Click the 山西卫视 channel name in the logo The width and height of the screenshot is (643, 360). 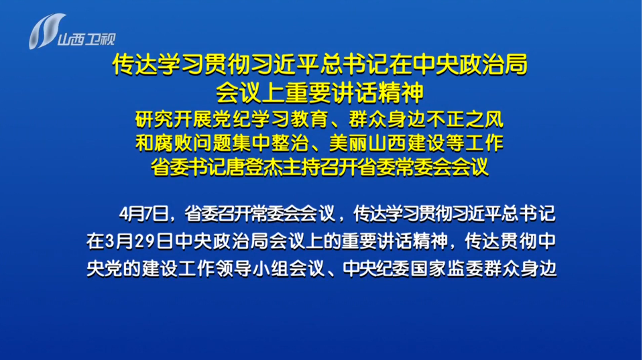(x=86, y=40)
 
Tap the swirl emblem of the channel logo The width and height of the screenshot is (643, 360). (x=46, y=31)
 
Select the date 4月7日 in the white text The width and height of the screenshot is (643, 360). (x=143, y=214)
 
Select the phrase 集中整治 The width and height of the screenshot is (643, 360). (x=270, y=143)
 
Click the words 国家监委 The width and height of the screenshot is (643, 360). (x=447, y=269)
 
